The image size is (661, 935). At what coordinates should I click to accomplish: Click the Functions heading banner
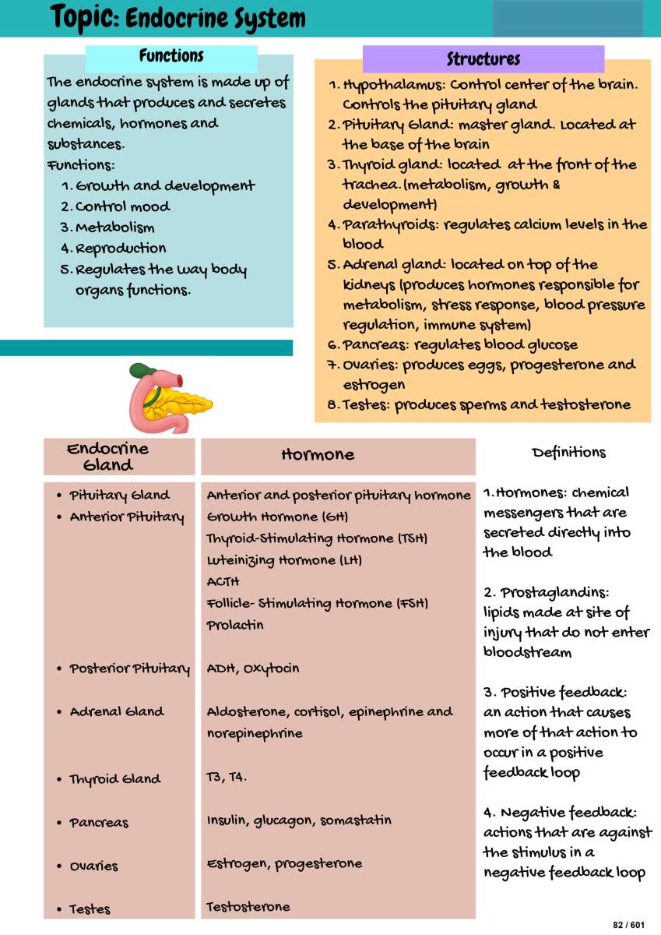(171, 57)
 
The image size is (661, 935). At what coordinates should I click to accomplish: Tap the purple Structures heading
(483, 59)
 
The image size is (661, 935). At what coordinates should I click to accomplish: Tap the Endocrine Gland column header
(107, 457)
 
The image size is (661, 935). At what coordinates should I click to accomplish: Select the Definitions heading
(568, 453)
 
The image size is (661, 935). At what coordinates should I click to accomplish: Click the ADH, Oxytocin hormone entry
(253, 669)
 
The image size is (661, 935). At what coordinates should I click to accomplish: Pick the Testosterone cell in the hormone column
(248, 907)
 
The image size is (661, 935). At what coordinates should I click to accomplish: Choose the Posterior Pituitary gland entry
(129, 669)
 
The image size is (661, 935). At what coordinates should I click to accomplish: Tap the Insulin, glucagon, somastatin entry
(299, 820)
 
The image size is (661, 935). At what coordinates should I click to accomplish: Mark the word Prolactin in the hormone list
(235, 626)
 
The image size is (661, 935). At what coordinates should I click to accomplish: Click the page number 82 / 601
(629, 924)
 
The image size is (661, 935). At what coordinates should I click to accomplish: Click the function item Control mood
(122, 207)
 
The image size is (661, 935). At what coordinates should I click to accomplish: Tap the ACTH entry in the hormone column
(223, 582)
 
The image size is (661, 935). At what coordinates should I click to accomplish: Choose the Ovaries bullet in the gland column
(93, 866)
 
